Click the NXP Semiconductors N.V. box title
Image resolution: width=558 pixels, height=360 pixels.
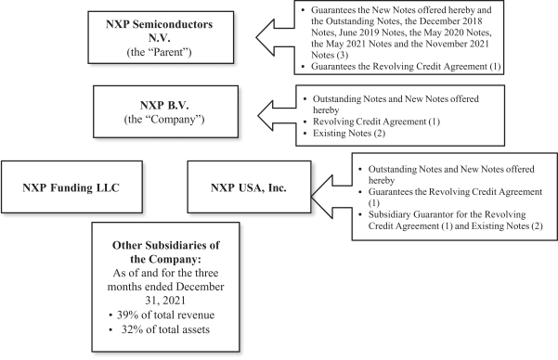(x=159, y=31)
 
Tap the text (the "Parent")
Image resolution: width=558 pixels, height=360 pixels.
(x=159, y=52)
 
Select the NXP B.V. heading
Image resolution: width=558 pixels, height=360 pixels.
(x=164, y=105)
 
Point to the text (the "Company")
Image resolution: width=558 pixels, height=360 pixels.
(x=164, y=119)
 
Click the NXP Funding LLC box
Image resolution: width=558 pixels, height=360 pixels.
(x=71, y=187)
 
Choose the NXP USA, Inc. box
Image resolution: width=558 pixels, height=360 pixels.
(x=249, y=187)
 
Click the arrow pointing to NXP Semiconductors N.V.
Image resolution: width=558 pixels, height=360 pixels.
(x=275, y=37)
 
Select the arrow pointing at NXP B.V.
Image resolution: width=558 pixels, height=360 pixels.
(x=277, y=115)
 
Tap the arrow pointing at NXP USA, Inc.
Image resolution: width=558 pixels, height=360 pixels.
(x=331, y=197)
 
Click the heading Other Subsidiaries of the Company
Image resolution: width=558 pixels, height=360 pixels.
(x=166, y=252)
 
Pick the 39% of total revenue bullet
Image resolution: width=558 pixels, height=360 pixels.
(x=162, y=315)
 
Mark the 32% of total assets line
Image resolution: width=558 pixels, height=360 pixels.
(x=160, y=329)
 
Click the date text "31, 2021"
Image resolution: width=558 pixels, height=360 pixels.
(x=165, y=301)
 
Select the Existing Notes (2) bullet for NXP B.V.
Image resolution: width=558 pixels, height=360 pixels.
(x=344, y=133)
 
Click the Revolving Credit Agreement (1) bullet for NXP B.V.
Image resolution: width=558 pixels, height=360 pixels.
(x=371, y=122)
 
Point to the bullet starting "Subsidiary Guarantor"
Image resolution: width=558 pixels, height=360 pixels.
(x=451, y=220)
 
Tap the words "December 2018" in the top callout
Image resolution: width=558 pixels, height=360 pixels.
(x=451, y=21)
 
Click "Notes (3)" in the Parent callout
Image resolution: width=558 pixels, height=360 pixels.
(x=330, y=55)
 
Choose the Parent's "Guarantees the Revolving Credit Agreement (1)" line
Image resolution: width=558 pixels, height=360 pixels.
(x=401, y=67)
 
